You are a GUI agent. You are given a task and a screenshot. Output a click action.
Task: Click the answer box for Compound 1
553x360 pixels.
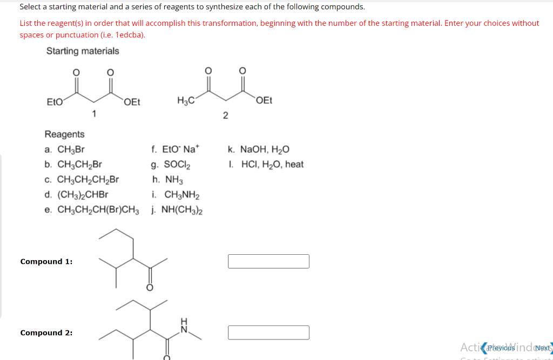coord(268,261)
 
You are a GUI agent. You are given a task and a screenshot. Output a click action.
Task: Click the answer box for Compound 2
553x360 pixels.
coord(268,332)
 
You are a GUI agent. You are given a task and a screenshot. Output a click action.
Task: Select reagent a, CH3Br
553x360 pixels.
coord(65,150)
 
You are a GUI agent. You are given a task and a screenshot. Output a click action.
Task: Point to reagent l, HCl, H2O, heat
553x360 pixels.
coord(266,164)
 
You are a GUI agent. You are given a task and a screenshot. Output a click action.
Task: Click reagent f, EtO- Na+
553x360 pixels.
coord(176,150)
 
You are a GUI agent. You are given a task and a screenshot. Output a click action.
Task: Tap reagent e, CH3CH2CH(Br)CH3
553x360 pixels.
coord(92,209)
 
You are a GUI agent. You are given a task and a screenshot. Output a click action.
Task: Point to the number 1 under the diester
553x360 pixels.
coord(95,113)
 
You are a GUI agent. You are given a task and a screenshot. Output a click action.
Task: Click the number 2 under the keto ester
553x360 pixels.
coord(226,115)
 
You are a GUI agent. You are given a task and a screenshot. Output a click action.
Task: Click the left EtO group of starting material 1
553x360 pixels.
coord(54,101)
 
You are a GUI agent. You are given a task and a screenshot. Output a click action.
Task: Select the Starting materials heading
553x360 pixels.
coord(83,51)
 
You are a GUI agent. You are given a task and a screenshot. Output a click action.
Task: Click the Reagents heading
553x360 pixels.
coord(64,134)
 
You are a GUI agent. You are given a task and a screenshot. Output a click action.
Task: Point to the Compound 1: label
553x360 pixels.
coord(46,262)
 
